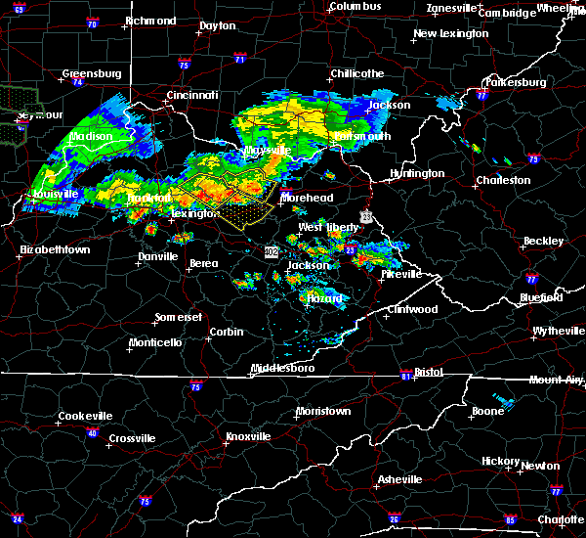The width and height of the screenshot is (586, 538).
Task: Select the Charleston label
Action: click(x=503, y=180)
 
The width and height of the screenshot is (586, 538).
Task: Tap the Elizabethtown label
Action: click(x=55, y=250)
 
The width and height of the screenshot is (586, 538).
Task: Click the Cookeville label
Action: click(x=86, y=416)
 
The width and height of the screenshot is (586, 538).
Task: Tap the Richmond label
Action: click(x=150, y=21)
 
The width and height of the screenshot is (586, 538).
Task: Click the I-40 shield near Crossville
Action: click(x=93, y=432)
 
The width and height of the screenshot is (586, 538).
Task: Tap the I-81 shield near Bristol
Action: click(x=406, y=376)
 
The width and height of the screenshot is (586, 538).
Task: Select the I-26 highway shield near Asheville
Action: click(x=396, y=518)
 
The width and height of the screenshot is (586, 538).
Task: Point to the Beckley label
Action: click(x=544, y=241)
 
